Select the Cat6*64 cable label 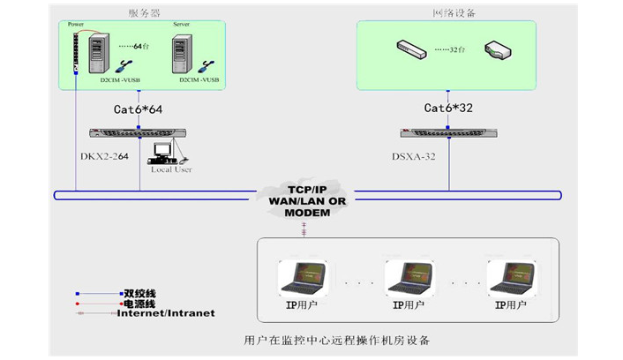coord(139,109)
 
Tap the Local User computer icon coord(164,152)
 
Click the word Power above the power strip coord(80,26)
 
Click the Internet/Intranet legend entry coord(166,313)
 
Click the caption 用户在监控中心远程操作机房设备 coord(337,340)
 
